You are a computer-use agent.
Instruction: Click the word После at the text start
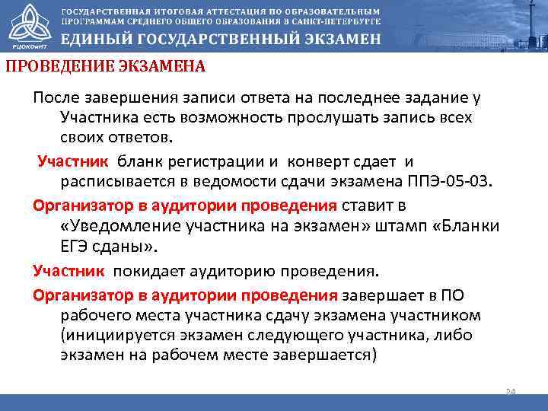click(55, 98)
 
